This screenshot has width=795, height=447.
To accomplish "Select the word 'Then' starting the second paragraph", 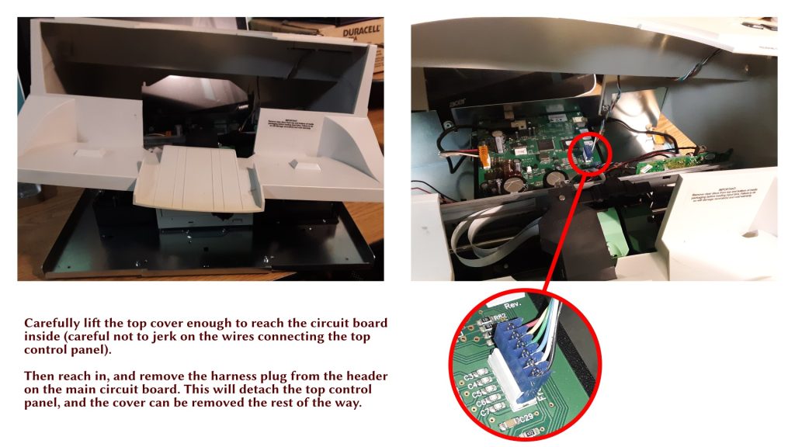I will pos(38,376).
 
